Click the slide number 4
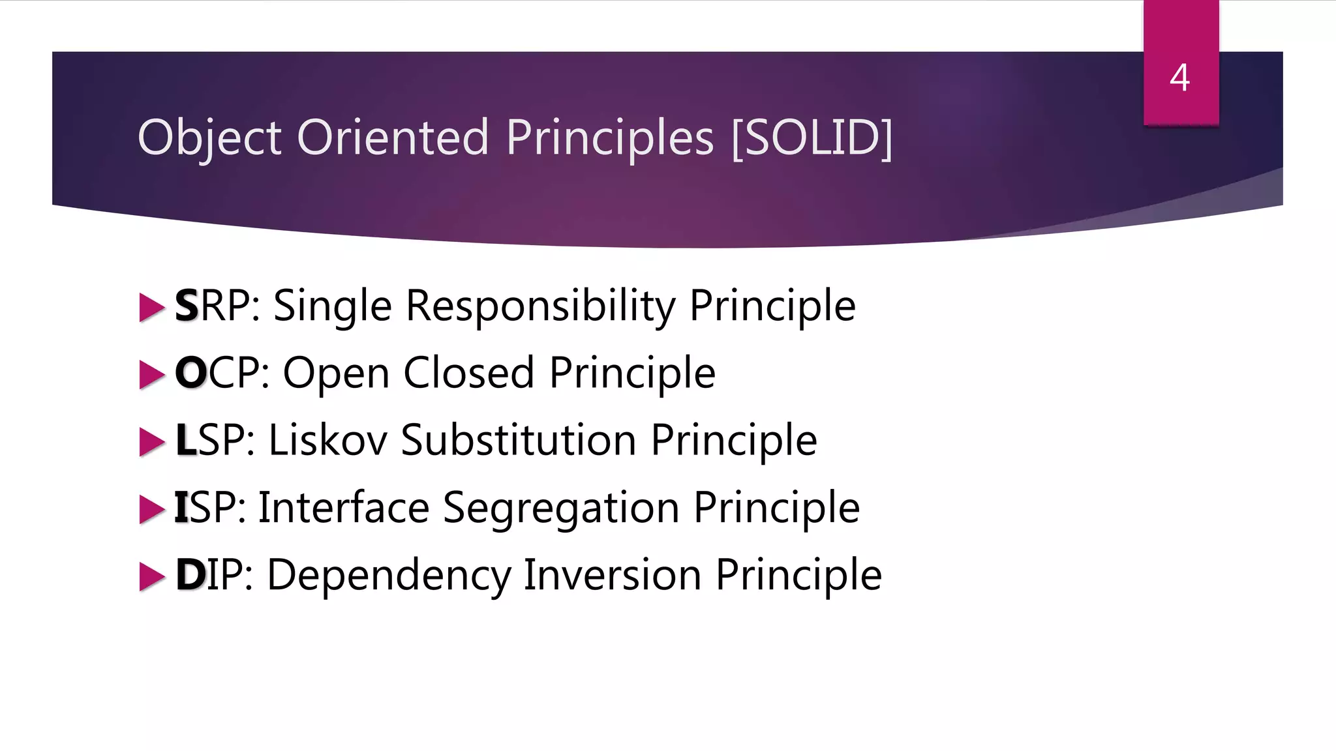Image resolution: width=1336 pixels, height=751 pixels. [1179, 78]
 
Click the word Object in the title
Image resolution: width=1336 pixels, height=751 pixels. [209, 138]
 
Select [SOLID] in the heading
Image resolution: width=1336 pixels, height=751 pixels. [812, 138]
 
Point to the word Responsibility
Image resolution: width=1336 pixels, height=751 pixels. [541, 306]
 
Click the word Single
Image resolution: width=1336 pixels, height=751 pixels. [332, 306]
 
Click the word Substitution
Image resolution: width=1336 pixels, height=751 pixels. [518, 440]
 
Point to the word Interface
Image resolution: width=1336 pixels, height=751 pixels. [344, 507]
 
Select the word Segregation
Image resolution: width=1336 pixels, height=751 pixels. [561, 508]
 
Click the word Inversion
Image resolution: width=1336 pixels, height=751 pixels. [612, 575]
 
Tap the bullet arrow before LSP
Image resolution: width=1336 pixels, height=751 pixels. [152, 442]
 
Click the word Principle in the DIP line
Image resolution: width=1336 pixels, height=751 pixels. [798, 576]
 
